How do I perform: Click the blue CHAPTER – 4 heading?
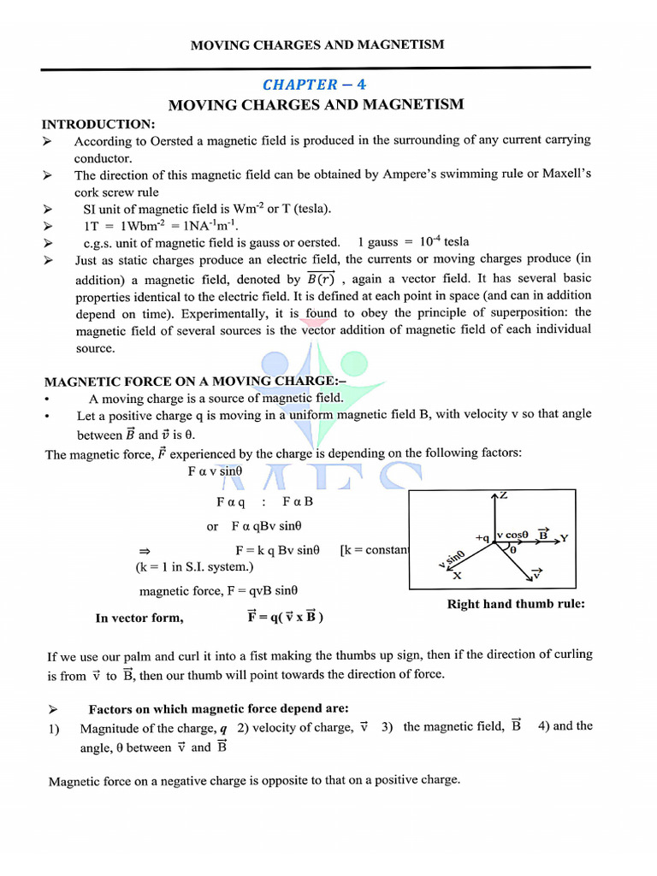point(316,84)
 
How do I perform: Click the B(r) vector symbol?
point(322,279)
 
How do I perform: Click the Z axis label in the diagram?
point(503,496)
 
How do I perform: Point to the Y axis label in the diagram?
point(564,538)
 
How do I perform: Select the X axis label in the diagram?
point(457,576)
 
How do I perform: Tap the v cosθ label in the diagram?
point(513,535)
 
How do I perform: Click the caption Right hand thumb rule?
point(516,604)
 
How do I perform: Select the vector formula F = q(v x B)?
point(285,617)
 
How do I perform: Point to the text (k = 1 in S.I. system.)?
point(194,566)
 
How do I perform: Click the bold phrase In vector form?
point(139,618)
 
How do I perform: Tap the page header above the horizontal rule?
point(317,44)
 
